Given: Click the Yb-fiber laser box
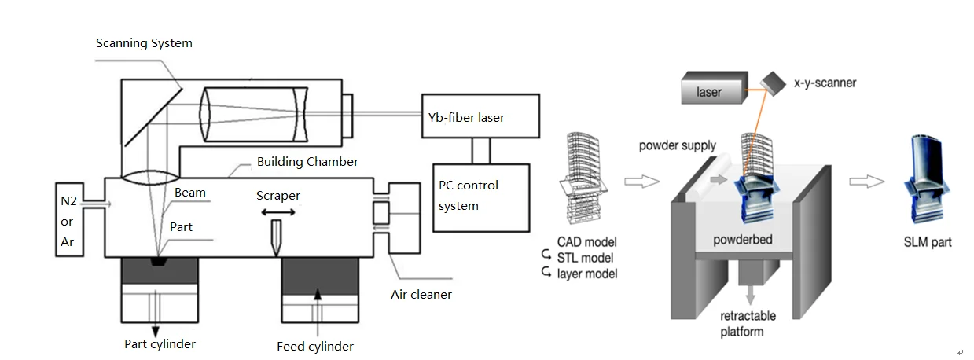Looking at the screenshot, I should point(480,117).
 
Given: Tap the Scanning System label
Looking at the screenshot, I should point(144,43).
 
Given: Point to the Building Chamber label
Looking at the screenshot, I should point(307,162).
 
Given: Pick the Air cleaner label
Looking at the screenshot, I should point(421,295).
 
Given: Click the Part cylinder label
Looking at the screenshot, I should point(160,343).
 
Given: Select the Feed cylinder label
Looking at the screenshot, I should point(315,346).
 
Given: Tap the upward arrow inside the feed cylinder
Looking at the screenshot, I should point(318,295).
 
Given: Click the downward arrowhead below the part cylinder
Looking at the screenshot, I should point(155,331).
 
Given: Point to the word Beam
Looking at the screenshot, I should point(190,193).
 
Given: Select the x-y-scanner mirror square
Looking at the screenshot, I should point(774,83).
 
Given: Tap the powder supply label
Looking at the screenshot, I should point(677,145).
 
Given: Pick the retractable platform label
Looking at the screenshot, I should point(748,323).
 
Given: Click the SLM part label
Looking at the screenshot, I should point(928,242).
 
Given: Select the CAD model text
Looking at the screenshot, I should point(586,242).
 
